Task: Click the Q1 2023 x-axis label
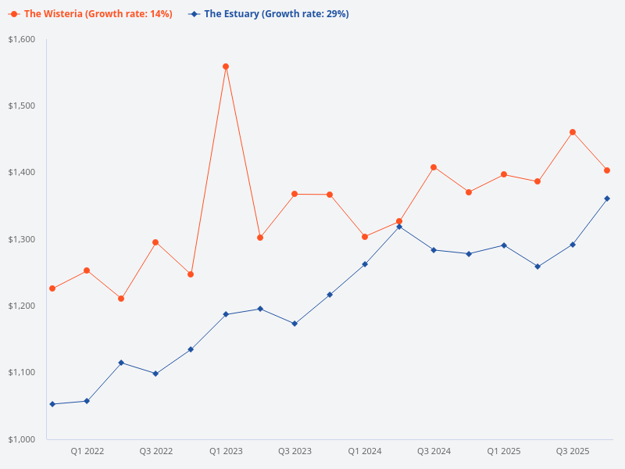(226, 451)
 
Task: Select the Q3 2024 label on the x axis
(434, 451)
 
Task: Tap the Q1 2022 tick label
(87, 451)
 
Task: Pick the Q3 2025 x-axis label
(573, 451)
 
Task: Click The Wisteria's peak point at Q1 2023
(226, 66)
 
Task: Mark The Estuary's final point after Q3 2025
(607, 199)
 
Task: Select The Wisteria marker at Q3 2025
(573, 132)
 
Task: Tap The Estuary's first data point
(52, 404)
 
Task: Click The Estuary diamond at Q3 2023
(295, 324)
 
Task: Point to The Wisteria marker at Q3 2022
(155, 242)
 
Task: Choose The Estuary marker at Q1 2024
(365, 264)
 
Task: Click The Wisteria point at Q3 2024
(434, 167)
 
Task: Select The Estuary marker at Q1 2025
(504, 245)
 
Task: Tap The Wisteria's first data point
(52, 288)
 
